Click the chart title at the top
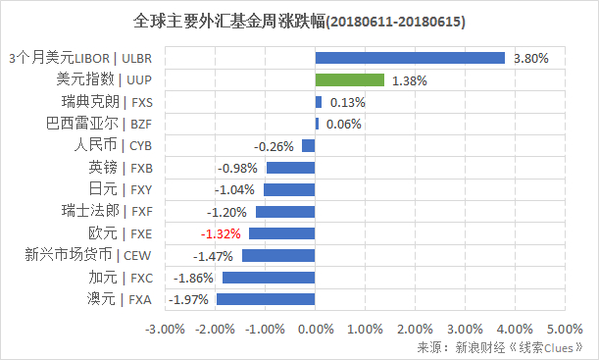point(298,21)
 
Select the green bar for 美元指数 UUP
point(349,80)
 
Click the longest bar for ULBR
point(410,59)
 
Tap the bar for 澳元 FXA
point(266,299)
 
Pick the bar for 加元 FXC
point(269,278)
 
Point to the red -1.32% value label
point(222,233)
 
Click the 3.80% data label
point(531,59)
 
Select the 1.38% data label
point(409,80)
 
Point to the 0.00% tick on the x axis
point(315,328)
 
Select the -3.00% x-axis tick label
point(164,328)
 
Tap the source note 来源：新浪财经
point(500,347)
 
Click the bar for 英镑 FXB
point(290,168)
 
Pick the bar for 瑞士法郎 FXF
point(285,212)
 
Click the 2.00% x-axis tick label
point(415,328)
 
